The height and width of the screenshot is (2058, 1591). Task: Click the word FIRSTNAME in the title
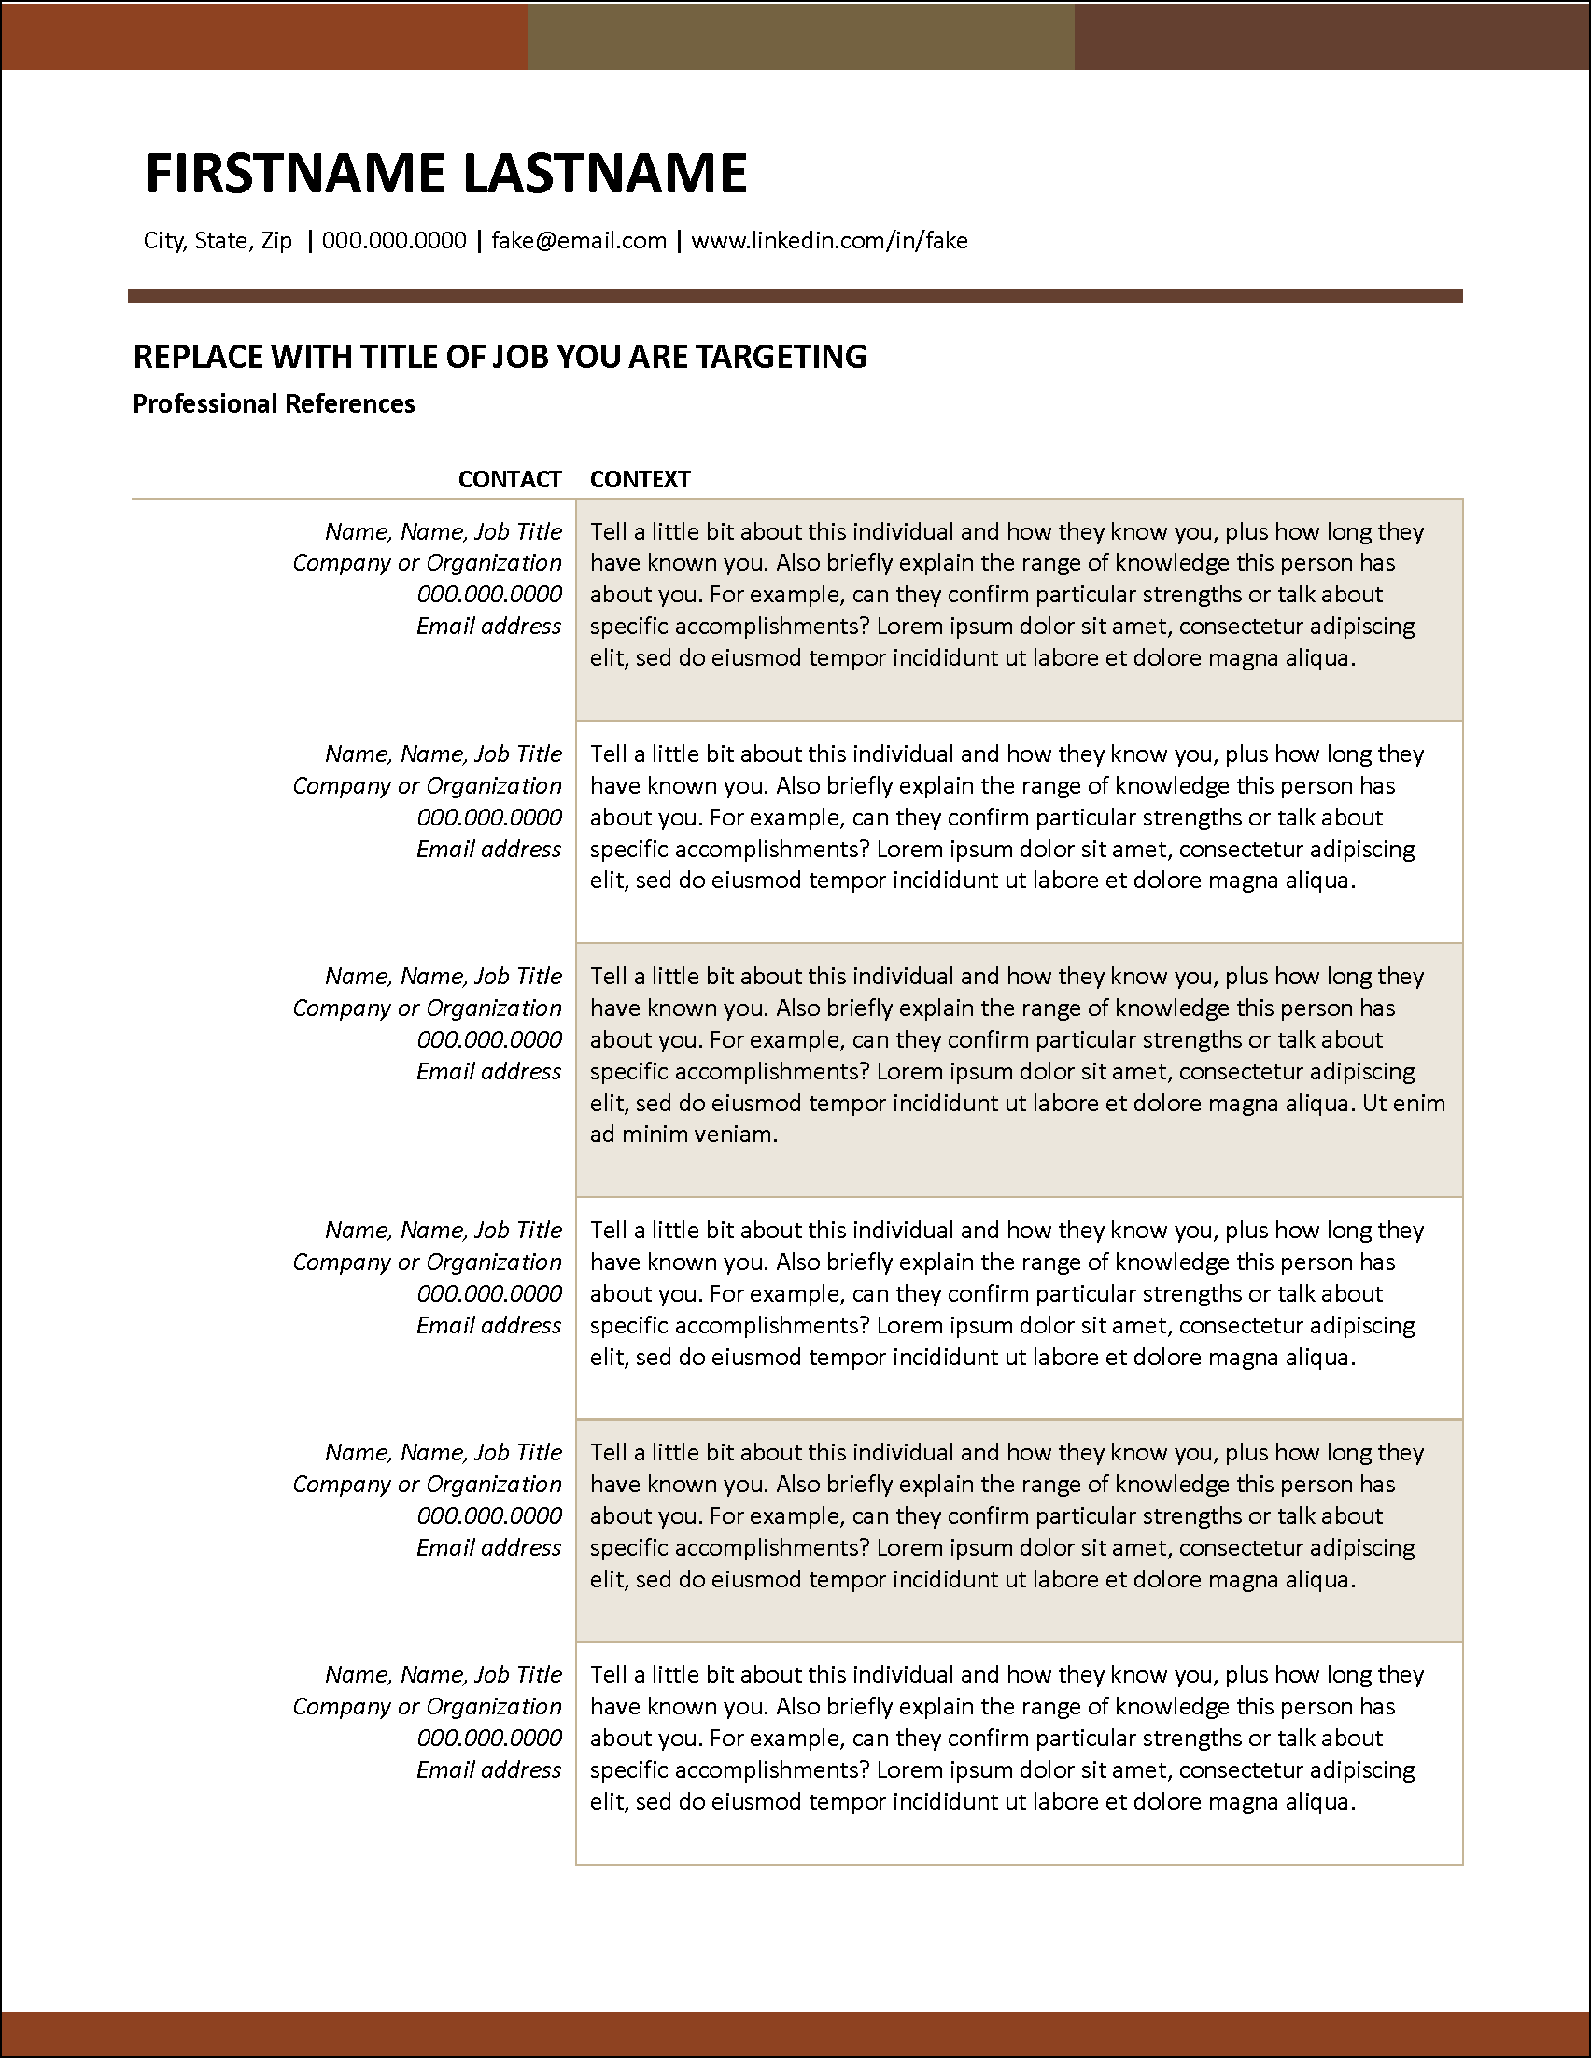[x=295, y=174]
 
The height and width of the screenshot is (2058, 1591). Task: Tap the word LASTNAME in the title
[x=605, y=174]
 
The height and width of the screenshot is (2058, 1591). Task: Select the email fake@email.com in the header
[x=578, y=240]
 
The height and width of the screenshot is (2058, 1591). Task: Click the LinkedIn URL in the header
[x=829, y=240]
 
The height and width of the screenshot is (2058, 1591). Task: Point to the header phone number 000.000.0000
[x=394, y=240]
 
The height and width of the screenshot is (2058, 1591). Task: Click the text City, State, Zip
[x=218, y=240]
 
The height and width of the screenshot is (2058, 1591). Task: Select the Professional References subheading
[x=274, y=403]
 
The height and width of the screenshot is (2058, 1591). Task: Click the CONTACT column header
[x=510, y=479]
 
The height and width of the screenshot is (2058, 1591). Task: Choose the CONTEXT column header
[x=640, y=479]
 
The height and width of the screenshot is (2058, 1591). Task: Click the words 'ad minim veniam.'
[x=683, y=1134]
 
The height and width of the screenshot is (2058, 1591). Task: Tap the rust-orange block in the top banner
[x=263, y=35]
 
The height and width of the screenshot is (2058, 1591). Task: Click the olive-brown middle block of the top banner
[x=801, y=35]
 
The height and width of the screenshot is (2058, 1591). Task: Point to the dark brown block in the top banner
[x=1332, y=35]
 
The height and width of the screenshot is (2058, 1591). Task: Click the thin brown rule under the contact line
[x=795, y=296]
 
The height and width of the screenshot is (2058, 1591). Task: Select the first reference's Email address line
[x=488, y=626]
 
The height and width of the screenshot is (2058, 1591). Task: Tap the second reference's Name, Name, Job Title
[x=443, y=754]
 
